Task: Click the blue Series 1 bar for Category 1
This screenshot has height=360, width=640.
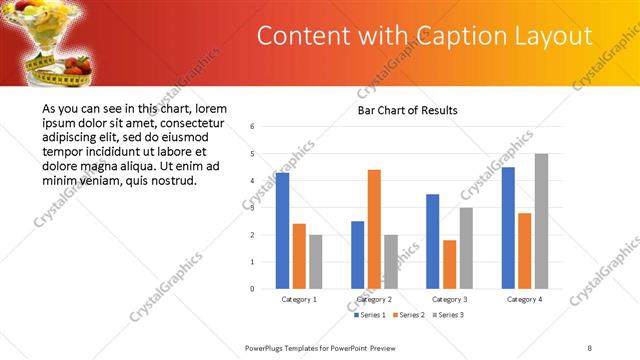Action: (x=282, y=230)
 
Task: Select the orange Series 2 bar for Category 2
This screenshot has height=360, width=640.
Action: (x=374, y=229)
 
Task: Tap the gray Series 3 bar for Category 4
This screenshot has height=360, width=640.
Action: (x=541, y=221)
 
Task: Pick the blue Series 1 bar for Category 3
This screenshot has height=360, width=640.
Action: (x=432, y=241)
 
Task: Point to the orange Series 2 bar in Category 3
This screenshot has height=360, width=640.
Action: (x=448, y=264)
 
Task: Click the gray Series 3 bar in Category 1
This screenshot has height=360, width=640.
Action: (x=315, y=262)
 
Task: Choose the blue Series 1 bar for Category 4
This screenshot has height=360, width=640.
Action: (x=508, y=228)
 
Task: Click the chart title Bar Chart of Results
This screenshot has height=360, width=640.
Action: (x=407, y=110)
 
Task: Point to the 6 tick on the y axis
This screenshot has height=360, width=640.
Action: (x=253, y=127)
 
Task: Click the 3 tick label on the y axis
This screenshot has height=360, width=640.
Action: (x=253, y=208)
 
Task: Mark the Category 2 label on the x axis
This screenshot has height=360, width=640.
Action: (x=374, y=299)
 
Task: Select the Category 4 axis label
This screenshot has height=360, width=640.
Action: (x=524, y=299)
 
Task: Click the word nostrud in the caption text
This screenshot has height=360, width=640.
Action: (x=172, y=181)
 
